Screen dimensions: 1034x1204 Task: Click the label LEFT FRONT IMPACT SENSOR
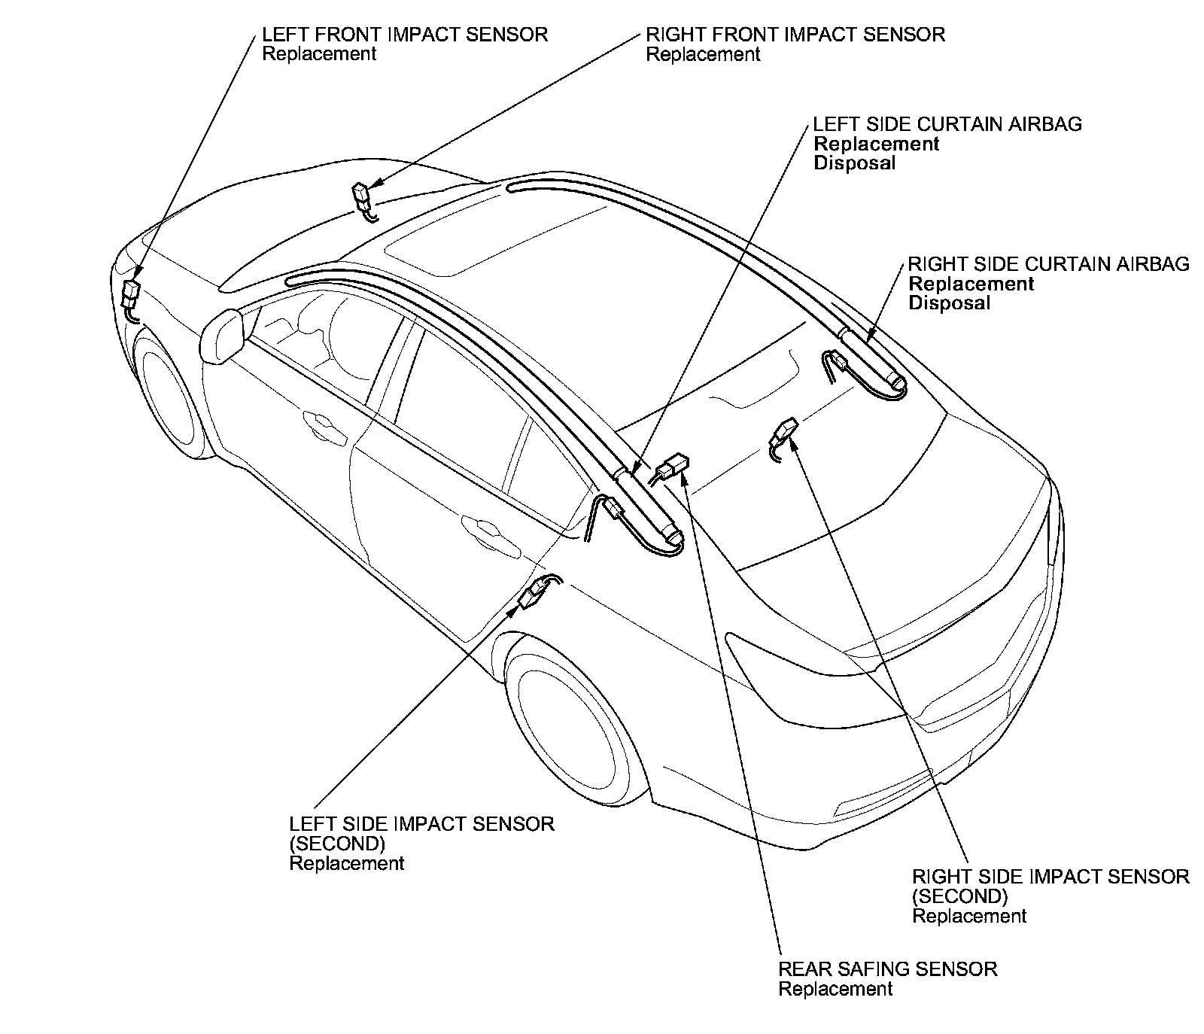pos(405,35)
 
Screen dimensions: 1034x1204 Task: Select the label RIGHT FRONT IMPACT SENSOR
pos(795,35)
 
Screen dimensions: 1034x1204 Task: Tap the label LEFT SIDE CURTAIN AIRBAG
pos(947,124)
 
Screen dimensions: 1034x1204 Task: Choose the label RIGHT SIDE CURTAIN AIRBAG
pos(1049,264)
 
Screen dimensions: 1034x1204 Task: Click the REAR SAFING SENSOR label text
pos(888,969)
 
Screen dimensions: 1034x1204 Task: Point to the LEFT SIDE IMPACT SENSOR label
pos(421,824)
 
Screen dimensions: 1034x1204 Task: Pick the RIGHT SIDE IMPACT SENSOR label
pos(1050,877)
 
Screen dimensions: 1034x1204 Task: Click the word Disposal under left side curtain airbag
pos(855,163)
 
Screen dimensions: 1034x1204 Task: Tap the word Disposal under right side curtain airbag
pos(950,303)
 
